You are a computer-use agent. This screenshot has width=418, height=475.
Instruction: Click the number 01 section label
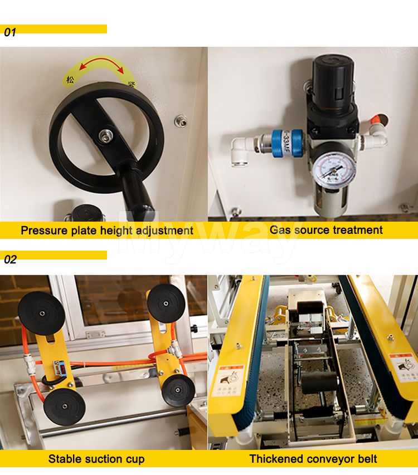[x=11, y=32]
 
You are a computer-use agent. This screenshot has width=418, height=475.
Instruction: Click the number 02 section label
[x=11, y=259]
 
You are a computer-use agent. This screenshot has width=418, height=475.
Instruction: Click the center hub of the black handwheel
[x=104, y=135]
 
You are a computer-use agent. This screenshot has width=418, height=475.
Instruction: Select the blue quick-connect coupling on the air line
[x=288, y=144]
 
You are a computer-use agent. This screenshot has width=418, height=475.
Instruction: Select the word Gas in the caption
[x=281, y=229]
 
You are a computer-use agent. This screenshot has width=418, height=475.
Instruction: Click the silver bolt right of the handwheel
[x=179, y=120]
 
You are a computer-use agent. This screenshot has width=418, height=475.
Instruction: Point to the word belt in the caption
[x=365, y=459]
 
